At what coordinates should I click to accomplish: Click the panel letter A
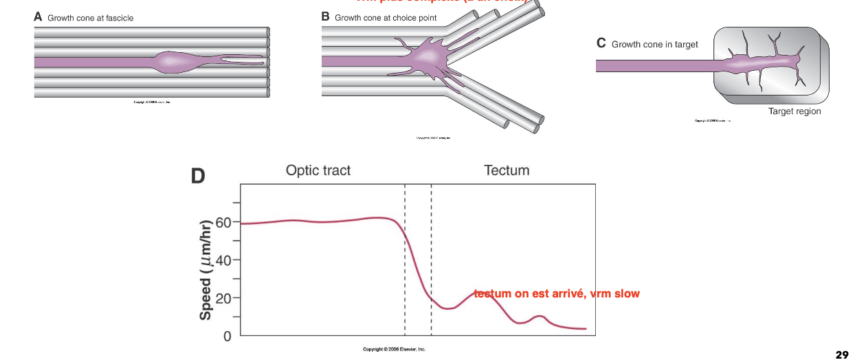click(38, 17)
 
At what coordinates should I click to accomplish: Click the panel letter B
click(326, 16)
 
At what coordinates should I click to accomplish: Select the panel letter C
click(601, 43)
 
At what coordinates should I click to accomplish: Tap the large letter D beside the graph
click(198, 177)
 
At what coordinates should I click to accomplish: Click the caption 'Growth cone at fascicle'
click(91, 18)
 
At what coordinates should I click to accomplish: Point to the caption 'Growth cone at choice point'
click(386, 17)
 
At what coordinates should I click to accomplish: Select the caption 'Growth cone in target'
click(654, 45)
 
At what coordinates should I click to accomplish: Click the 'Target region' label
click(795, 111)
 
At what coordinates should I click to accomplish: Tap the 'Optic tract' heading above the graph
click(318, 170)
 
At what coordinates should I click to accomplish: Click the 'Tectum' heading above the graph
click(507, 170)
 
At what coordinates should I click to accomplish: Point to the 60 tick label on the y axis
click(223, 223)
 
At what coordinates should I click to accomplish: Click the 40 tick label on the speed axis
click(223, 260)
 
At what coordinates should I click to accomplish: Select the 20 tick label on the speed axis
click(223, 299)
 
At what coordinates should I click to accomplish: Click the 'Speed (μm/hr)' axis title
click(205, 269)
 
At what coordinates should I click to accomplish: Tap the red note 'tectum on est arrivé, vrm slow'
click(557, 293)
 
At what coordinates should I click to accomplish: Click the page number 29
click(842, 355)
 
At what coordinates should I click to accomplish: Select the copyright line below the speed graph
click(395, 349)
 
